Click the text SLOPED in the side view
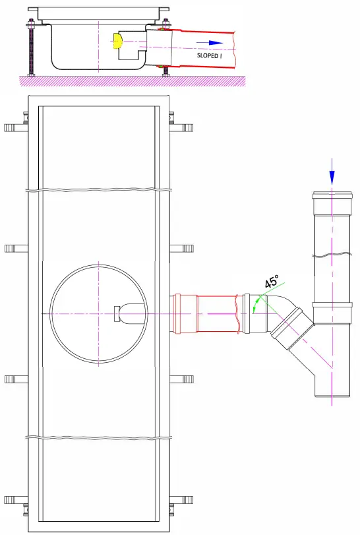pyautogui.click(x=210, y=55)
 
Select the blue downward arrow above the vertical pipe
pyautogui.click(x=332, y=173)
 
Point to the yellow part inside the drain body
pyautogui.click(x=117, y=42)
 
